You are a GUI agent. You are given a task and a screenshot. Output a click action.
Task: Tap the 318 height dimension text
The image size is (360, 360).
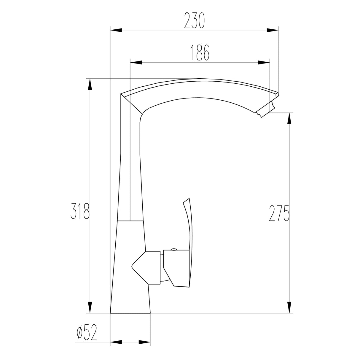click(x=80, y=211)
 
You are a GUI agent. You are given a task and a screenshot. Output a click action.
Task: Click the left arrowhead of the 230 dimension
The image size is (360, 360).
click(x=116, y=30)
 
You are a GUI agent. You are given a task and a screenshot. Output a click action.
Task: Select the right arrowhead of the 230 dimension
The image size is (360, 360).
click(x=273, y=30)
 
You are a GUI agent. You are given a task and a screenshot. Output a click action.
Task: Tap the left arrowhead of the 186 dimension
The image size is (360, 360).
click(x=136, y=63)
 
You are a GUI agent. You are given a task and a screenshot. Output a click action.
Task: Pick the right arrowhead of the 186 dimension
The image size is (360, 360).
click(x=264, y=63)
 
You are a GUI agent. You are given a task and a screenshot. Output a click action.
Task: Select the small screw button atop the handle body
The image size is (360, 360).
click(x=174, y=249)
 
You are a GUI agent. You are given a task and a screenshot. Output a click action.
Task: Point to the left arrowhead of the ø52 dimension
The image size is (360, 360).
click(x=116, y=342)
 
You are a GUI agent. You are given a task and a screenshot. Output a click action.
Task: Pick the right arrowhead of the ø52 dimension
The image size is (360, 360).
click(x=145, y=342)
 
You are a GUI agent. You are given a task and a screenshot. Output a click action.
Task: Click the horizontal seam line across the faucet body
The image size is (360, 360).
click(x=130, y=221)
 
